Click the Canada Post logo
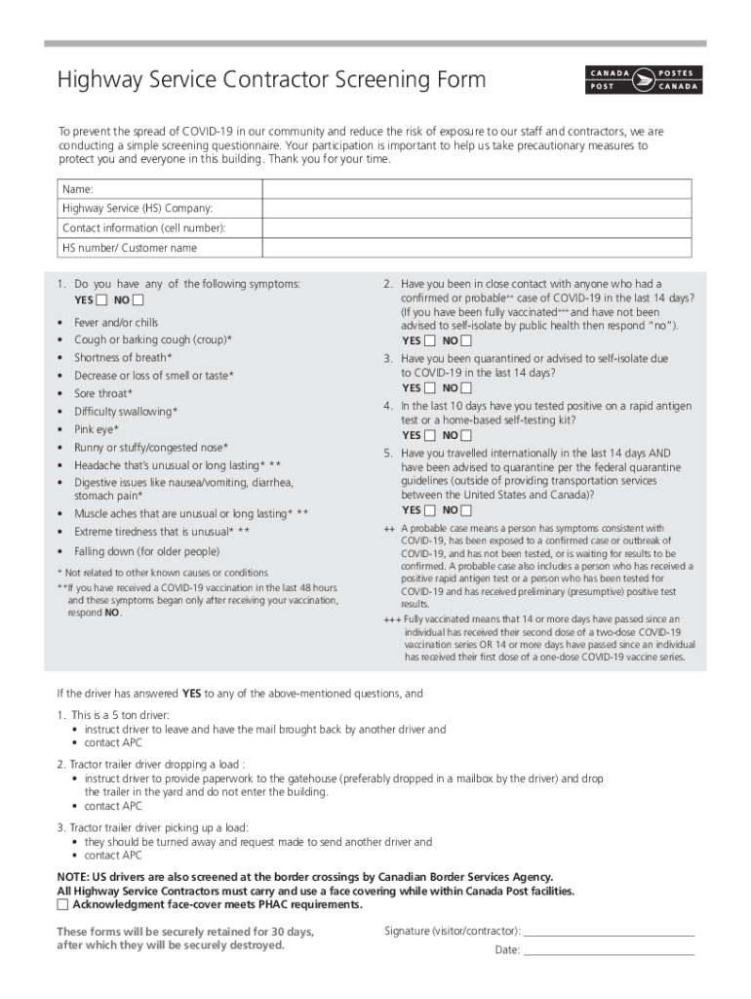tap(644, 80)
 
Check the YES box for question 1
tap(102, 300)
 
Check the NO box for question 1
tap(138, 300)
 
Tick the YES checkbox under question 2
tap(430, 341)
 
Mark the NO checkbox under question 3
tap(466, 388)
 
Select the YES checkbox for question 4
tap(430, 435)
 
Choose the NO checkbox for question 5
tap(466, 510)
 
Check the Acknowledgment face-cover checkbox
tap(63, 904)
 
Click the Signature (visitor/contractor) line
tap(610, 933)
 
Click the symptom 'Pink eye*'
tap(97, 429)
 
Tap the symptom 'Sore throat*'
tap(102, 393)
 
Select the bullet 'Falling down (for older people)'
tap(147, 551)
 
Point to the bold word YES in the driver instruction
tap(192, 695)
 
